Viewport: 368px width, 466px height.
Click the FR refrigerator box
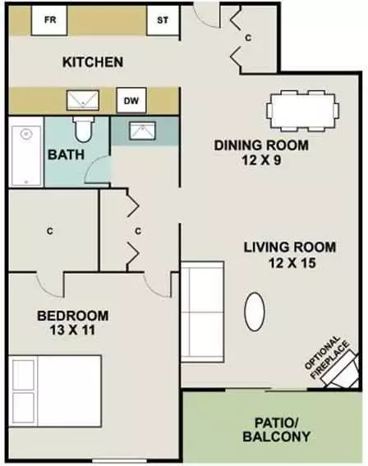tap(49, 21)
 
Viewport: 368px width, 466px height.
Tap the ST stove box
tap(163, 21)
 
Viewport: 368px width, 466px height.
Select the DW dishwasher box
tap(131, 100)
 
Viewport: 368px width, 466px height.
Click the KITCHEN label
tap(93, 62)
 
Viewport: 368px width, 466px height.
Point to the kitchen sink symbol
tap(83, 100)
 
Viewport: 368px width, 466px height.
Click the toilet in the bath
tap(84, 129)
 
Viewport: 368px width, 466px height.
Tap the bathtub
tap(26, 156)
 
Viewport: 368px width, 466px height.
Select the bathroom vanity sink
tap(142, 130)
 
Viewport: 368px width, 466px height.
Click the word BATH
tap(66, 155)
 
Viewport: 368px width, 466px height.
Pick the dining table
tap(302, 111)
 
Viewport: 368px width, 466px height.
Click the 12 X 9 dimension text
tap(261, 161)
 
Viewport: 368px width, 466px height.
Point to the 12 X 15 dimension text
tap(292, 263)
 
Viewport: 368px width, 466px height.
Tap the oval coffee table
tap(255, 312)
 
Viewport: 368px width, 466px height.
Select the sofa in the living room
tap(202, 312)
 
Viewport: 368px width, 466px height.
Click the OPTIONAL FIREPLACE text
tap(327, 358)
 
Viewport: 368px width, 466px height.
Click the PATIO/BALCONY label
tap(277, 430)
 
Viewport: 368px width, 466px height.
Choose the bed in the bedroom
tap(55, 391)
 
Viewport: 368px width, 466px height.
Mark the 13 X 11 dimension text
tap(72, 330)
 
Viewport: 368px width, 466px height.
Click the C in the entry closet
tap(248, 38)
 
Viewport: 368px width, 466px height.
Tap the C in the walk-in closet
tap(50, 231)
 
